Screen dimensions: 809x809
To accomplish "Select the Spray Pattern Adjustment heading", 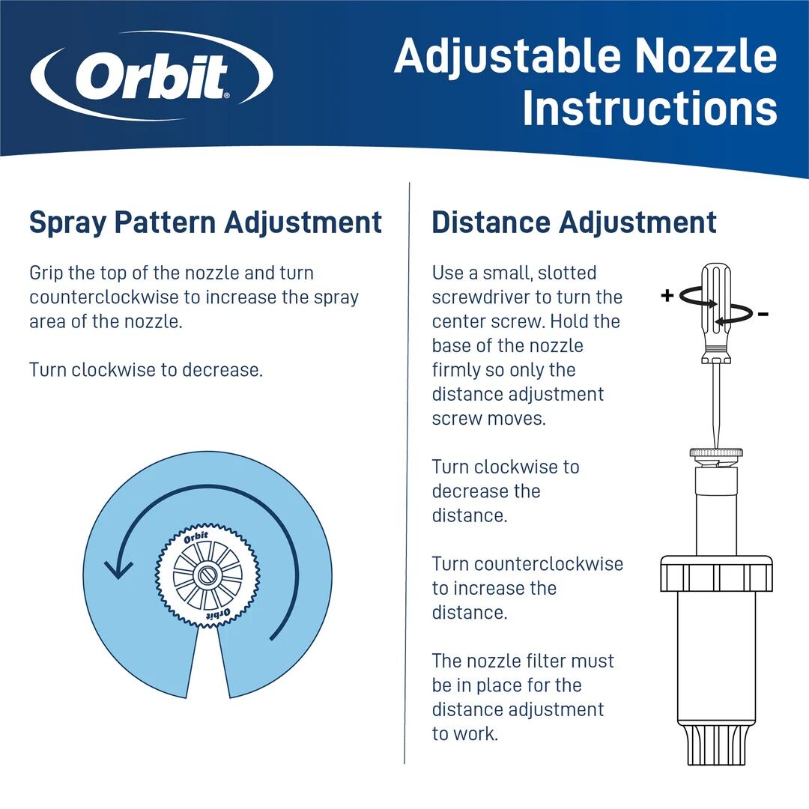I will [205, 222].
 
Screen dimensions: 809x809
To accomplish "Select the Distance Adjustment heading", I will [574, 222].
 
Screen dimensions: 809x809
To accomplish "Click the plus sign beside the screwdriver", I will [667, 295].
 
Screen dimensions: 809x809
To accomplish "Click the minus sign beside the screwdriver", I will [763, 315].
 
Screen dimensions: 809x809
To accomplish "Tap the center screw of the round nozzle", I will [207, 577].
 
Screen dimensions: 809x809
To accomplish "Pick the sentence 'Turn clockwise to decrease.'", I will [146, 369].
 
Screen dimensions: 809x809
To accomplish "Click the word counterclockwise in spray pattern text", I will [104, 297].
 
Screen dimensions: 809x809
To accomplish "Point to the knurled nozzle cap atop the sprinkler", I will [716, 453].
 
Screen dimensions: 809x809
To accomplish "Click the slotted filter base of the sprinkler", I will [716, 745].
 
